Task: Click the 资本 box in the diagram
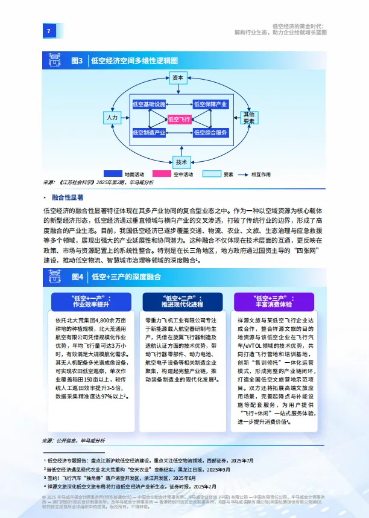[177, 78]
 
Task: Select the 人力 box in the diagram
[111, 118]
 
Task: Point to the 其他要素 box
[248, 118]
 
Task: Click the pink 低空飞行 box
[180, 120]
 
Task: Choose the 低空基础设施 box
[148, 104]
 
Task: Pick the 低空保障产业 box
[210, 104]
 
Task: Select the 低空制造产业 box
[148, 133]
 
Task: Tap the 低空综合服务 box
[210, 133]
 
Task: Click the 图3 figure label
[77, 61]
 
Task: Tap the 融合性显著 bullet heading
[68, 197]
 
